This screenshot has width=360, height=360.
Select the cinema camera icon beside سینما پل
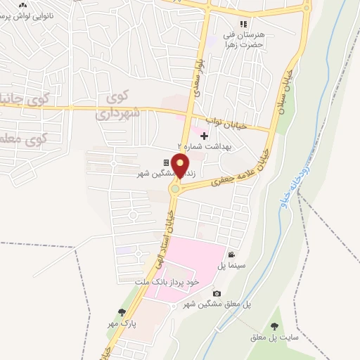[x=231, y=255]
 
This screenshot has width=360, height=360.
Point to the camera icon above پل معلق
[x=217, y=293]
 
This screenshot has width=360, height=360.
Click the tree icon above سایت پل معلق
[x=274, y=326]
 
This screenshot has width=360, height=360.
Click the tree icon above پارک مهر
[x=122, y=312]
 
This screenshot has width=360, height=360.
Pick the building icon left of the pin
[x=166, y=162]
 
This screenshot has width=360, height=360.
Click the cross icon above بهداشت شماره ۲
[x=205, y=136]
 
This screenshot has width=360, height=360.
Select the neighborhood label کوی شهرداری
[x=119, y=105]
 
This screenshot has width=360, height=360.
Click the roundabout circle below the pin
[x=176, y=187]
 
